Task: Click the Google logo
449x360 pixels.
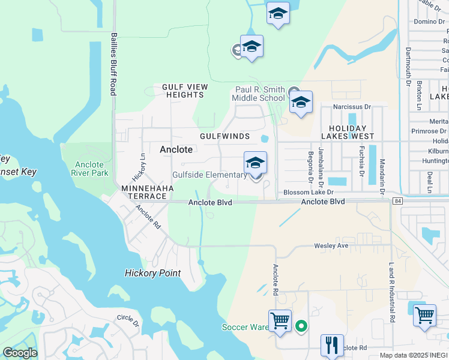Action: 20,353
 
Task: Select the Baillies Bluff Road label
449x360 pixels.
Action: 112,64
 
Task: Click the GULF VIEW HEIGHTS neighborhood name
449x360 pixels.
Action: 185,91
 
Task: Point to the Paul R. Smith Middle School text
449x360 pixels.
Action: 259,94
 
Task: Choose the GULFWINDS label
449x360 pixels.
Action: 224,136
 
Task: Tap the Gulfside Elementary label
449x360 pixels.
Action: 209,175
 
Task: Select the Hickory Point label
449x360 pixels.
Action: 152,273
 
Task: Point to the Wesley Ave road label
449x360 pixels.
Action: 331,246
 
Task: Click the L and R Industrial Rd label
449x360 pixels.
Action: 392,291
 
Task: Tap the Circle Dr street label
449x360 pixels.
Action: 128,320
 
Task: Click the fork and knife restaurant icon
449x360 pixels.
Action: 332,346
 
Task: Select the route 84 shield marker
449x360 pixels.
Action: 398,201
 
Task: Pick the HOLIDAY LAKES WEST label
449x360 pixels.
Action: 352,133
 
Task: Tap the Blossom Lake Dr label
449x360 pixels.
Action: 308,193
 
